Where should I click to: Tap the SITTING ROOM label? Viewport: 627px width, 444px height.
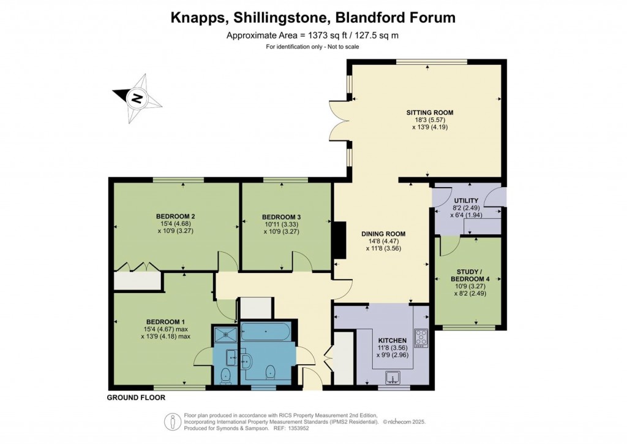pyautogui.click(x=430, y=112)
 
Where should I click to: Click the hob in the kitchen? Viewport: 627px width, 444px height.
pyautogui.click(x=421, y=338)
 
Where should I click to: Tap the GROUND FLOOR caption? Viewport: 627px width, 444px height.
pyautogui.click(x=136, y=397)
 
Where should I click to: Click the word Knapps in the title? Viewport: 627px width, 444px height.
pyautogui.click(x=195, y=18)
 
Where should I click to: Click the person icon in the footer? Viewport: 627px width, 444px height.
pyautogui.click(x=172, y=422)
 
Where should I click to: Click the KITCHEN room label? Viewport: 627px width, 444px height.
pyautogui.click(x=392, y=340)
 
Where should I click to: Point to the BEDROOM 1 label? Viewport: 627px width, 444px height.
pyautogui.click(x=165, y=322)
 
